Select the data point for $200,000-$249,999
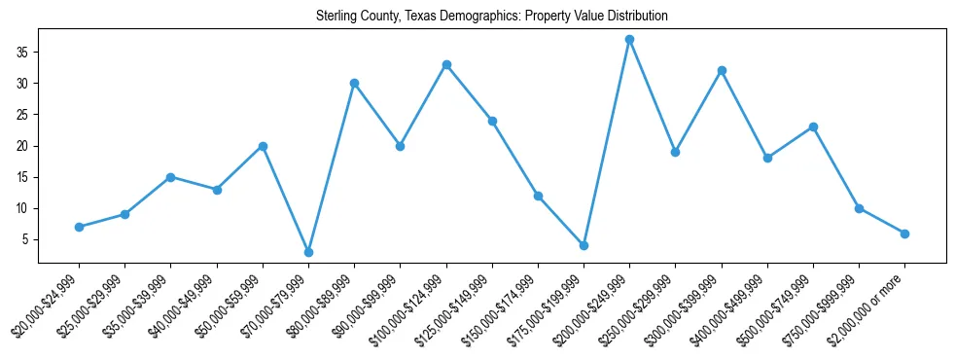tap(629, 40)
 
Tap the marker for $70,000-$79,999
tap(308, 252)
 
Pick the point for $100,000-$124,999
tap(446, 64)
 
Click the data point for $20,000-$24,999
tap(79, 227)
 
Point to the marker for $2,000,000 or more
tap(904, 234)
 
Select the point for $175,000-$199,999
tap(584, 245)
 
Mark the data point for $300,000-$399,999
tap(722, 71)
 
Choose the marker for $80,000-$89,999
tap(354, 83)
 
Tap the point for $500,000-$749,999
tap(813, 126)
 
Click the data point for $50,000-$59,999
tap(263, 146)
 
